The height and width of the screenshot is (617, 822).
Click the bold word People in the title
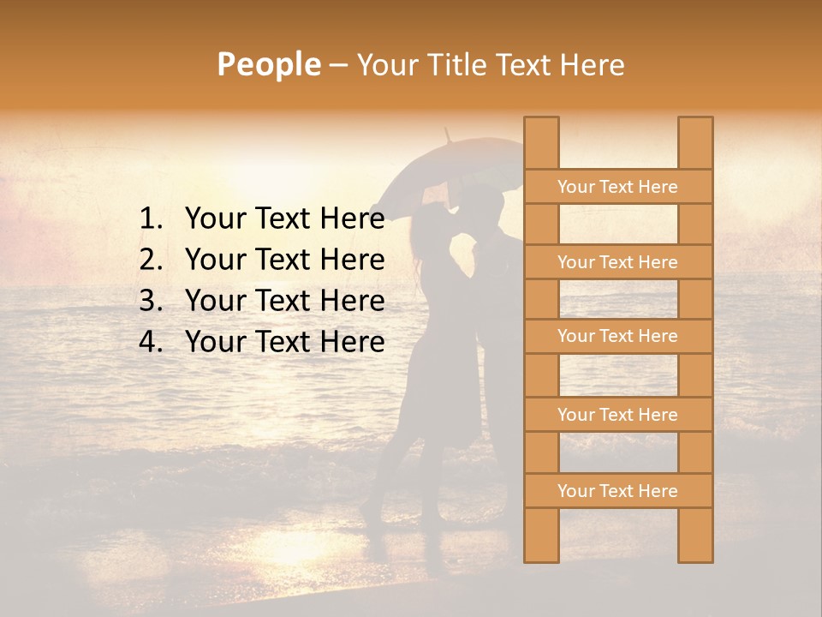(x=268, y=64)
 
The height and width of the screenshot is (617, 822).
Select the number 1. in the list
(x=152, y=219)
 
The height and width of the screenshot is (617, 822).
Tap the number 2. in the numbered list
(x=152, y=260)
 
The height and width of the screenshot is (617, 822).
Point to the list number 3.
(x=152, y=301)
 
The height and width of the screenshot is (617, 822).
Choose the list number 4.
(x=152, y=342)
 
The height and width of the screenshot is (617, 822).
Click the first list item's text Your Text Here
(x=284, y=219)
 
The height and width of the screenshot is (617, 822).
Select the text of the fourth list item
(x=284, y=342)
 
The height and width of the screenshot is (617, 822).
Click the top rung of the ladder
(x=617, y=187)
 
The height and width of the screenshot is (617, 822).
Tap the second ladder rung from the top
(x=617, y=262)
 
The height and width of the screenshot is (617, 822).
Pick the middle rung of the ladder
(x=617, y=336)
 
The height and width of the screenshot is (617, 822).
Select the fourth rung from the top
(x=617, y=415)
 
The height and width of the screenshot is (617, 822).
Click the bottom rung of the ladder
(x=617, y=491)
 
